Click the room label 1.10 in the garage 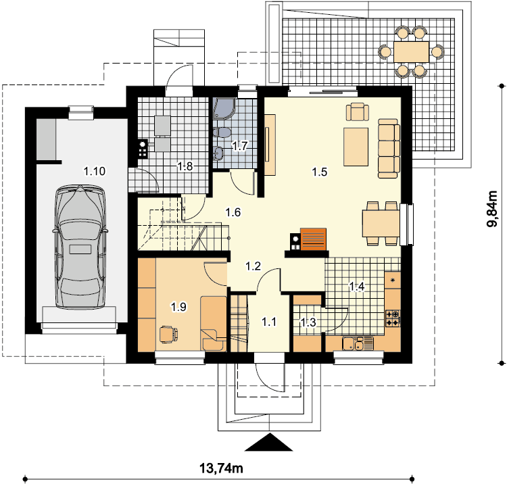95,171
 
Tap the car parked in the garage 80,247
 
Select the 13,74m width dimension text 221,468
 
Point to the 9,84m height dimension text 493,209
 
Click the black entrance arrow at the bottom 268,442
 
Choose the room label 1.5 320,172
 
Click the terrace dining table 411,52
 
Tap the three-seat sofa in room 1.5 389,149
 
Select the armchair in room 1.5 358,112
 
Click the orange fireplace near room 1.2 313,239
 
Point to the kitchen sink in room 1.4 358,343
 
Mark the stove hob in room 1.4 393,318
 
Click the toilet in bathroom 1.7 222,132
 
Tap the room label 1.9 179,306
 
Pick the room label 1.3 308,322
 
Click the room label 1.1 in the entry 269,322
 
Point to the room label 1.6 233,212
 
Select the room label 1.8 185,166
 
